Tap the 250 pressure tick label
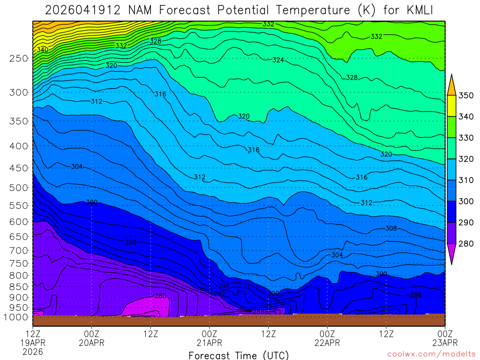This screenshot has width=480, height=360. (x=18, y=59)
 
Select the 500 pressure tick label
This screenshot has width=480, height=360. (x=18, y=188)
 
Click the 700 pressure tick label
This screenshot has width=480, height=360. (x=18, y=250)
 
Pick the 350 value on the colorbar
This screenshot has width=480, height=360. (x=465, y=96)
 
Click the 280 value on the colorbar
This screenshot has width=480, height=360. (x=465, y=243)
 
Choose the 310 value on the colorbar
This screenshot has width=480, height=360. (x=465, y=180)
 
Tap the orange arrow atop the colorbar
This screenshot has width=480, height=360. (x=451, y=84)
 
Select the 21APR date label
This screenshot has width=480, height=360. (x=209, y=343)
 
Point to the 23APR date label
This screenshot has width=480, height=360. (x=444, y=343)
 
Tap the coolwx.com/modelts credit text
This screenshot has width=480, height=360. (x=431, y=354)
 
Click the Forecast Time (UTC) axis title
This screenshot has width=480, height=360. (x=239, y=355)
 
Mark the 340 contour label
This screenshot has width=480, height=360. (x=42, y=49)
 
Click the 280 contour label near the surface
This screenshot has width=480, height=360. (x=160, y=296)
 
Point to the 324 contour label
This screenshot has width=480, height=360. (x=278, y=60)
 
